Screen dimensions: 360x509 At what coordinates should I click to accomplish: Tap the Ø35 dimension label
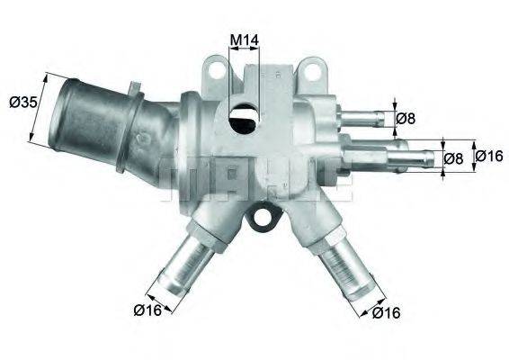click(22, 103)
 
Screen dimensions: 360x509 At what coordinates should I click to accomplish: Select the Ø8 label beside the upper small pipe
click(406, 117)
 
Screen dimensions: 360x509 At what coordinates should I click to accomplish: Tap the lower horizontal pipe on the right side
click(409, 159)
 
